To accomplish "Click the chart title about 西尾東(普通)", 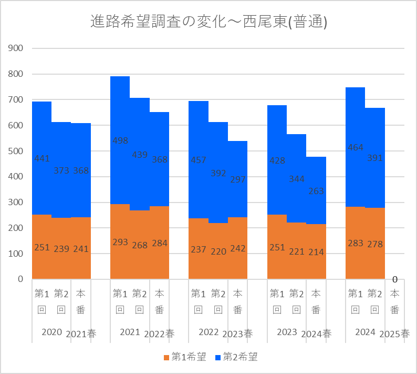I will point(208,22).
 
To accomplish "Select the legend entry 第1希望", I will point(184,358).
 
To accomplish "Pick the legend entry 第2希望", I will point(236,358).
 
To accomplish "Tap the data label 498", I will point(120,140).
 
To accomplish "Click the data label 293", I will point(120,242).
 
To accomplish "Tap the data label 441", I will point(41,158).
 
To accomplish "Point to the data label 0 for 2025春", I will point(394,279).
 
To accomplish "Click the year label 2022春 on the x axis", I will point(159,334).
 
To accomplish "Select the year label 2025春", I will point(394,334).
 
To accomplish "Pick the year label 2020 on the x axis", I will point(51,332).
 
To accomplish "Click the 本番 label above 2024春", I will point(316,301).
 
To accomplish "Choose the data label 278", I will point(375,244).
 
